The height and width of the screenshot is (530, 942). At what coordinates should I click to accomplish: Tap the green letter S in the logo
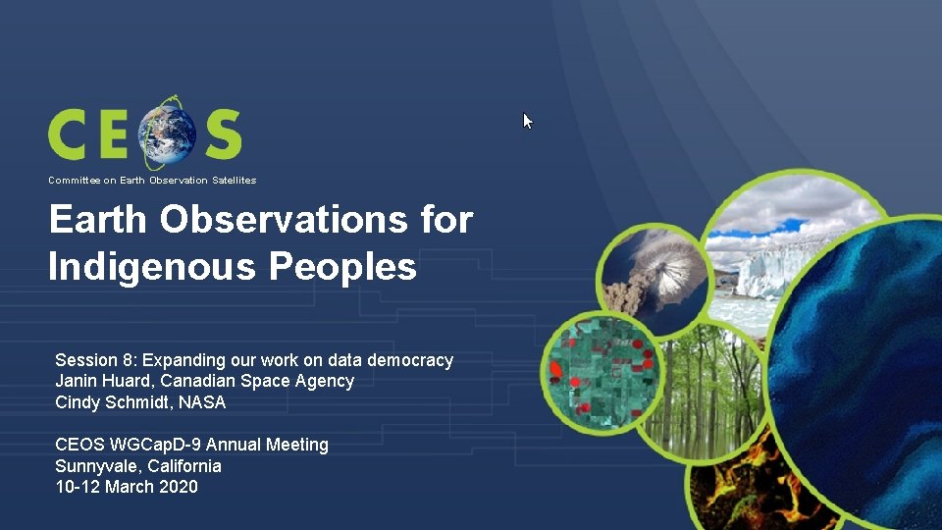tap(222, 134)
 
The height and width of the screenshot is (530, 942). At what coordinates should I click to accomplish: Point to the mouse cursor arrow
tap(527, 121)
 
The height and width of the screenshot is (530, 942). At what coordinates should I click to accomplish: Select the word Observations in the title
tap(281, 220)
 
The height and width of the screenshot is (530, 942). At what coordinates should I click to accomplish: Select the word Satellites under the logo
tap(232, 181)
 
